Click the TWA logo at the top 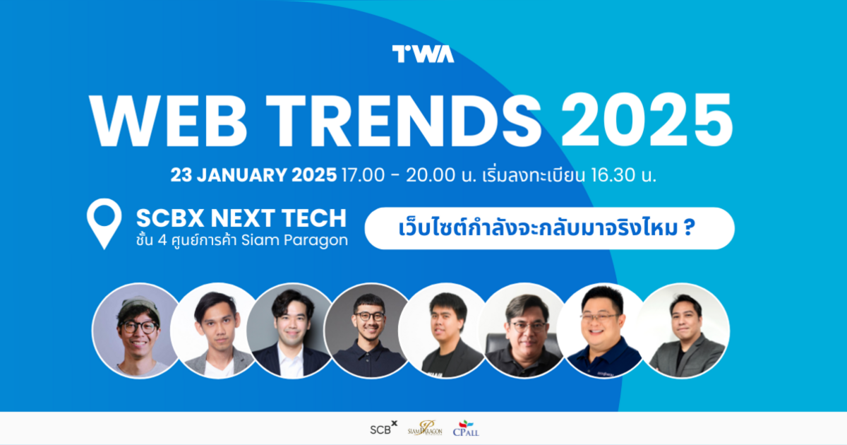(x=423, y=54)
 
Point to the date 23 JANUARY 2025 (x=253, y=175)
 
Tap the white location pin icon (x=104, y=224)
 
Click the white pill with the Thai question (x=550, y=228)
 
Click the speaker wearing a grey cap (x=136, y=330)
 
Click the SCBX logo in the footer (x=383, y=427)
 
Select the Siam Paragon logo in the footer (x=425, y=428)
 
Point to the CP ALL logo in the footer (x=467, y=428)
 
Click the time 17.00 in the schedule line (x=361, y=175)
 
